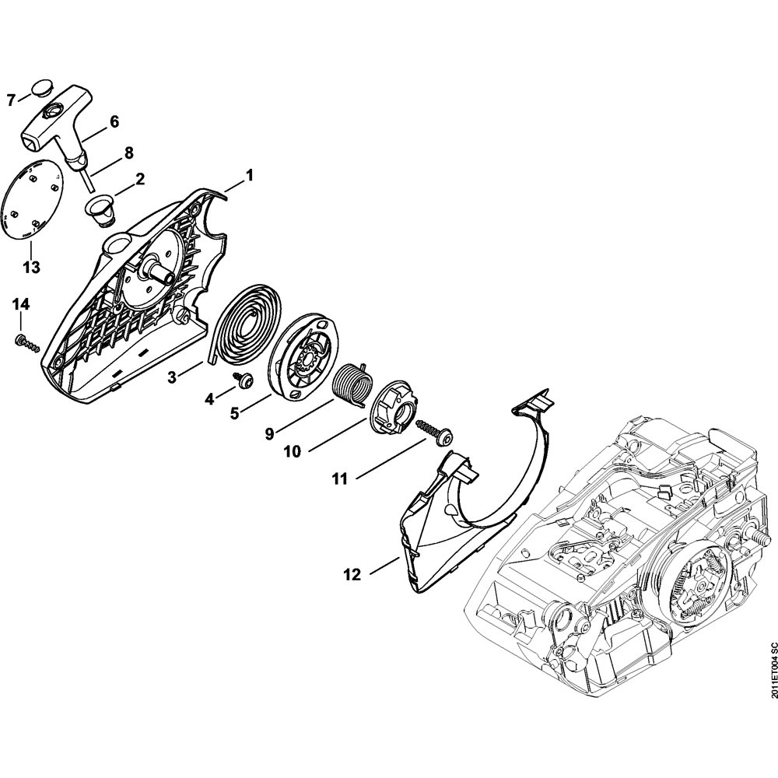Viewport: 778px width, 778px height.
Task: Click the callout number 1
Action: coord(249,176)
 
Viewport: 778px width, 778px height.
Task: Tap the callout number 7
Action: coord(11,100)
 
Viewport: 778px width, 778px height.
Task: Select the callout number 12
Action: coord(352,575)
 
